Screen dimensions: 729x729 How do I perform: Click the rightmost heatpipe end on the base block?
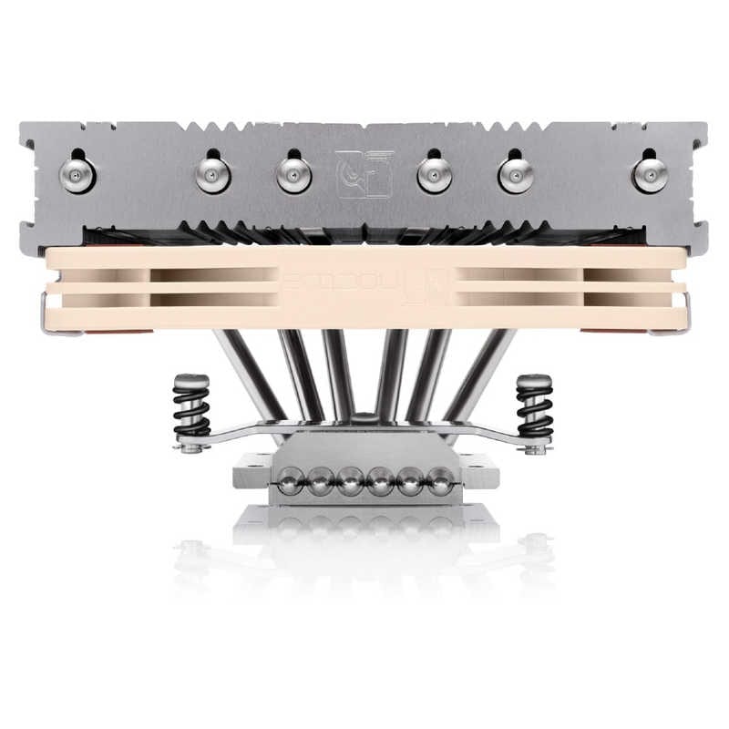point(439,481)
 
